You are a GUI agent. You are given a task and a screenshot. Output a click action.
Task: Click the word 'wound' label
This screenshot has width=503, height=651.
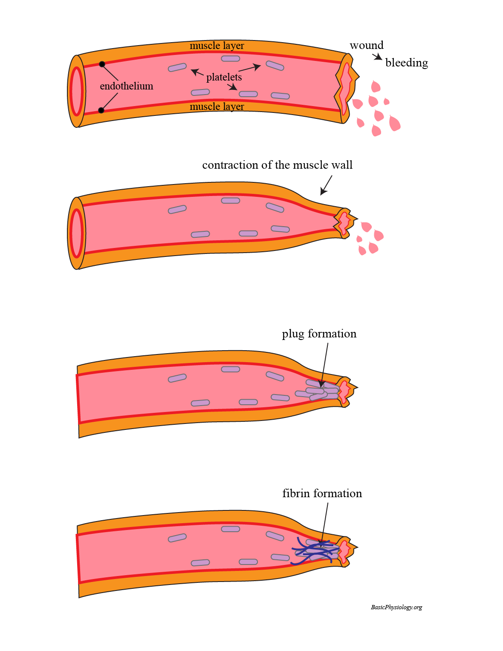point(366,45)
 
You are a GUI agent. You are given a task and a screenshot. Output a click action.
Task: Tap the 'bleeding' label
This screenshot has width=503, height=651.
point(406,63)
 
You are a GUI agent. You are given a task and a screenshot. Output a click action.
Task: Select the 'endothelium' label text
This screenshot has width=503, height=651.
point(126,86)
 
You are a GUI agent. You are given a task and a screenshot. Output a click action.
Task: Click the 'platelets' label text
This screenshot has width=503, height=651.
point(224,77)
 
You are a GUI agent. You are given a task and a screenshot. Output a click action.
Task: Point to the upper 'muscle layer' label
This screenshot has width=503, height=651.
point(217,46)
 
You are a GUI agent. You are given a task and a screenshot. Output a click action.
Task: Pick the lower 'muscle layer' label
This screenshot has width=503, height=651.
point(217,107)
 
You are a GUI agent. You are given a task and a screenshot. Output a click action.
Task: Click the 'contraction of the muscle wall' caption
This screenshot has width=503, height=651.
point(277,165)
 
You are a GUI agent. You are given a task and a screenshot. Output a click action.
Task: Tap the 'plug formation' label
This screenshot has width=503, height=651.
point(319,334)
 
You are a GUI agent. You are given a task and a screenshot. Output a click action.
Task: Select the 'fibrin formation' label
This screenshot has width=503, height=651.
point(322,493)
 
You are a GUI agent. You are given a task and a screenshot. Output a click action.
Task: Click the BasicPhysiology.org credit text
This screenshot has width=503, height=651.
point(396,607)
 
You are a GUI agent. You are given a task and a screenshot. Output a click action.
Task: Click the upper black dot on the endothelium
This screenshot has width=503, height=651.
point(102,64)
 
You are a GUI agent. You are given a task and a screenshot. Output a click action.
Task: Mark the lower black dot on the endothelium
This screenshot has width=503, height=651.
point(101,110)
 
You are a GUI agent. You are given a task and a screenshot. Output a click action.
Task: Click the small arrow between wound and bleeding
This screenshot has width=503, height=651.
point(377,57)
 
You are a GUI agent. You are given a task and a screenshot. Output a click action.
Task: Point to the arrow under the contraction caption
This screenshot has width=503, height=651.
point(326,185)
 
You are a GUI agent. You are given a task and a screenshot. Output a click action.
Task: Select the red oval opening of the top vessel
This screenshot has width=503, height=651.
point(77,91)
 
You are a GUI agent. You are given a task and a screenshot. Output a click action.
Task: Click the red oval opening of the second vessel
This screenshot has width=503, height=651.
point(77,233)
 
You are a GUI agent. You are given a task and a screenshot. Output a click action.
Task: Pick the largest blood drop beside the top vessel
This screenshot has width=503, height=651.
point(395,124)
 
